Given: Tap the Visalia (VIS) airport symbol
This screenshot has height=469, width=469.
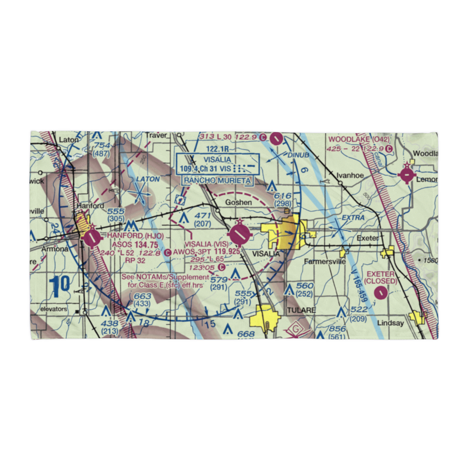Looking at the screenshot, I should [x=239, y=234].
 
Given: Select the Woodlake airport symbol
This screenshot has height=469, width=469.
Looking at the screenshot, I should [x=406, y=176].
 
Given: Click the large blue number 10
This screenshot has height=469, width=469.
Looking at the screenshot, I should [x=60, y=286].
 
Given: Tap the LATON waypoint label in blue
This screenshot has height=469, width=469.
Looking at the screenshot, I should [x=148, y=179].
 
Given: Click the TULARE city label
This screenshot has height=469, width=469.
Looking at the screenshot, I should [x=301, y=310].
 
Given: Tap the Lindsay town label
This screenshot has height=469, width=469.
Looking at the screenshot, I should [x=390, y=324].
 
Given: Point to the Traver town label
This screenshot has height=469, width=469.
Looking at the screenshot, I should [x=156, y=136].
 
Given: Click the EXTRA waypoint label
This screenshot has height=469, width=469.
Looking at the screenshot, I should [x=353, y=218].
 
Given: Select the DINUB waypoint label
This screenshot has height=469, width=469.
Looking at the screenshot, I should [x=299, y=154].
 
